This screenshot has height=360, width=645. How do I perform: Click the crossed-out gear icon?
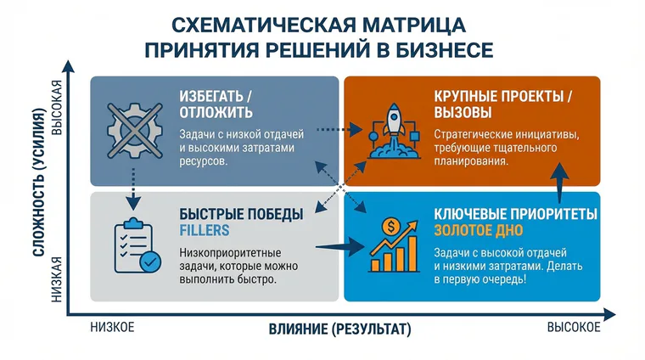tap(135, 131)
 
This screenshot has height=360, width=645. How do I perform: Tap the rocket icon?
tap(395, 131)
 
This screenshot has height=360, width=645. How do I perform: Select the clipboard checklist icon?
tap(137, 245)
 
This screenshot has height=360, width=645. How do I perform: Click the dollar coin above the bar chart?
tap(390, 226)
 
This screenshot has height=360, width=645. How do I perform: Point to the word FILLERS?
tap(204, 230)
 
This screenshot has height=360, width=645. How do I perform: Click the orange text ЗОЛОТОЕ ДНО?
tap(479, 230)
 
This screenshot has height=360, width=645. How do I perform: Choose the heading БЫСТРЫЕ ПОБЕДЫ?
tap(241, 214)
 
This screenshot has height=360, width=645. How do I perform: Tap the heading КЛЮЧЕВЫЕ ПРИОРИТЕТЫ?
tap(515, 214)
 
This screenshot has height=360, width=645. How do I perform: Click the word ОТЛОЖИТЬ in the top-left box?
tap(216, 112)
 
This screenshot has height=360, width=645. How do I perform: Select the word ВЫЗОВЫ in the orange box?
tap(463, 112)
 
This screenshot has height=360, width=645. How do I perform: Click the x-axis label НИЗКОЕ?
tap(112, 327)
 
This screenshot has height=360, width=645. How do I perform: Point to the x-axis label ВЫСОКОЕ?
tap(574, 327)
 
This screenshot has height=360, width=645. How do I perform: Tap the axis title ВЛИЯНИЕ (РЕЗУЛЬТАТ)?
tap(339, 329)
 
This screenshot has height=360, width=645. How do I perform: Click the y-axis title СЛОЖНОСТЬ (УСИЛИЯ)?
tap(38, 183)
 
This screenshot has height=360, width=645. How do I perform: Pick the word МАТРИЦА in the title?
tap(414, 25)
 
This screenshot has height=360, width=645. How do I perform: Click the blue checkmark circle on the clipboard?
tap(150, 262)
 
